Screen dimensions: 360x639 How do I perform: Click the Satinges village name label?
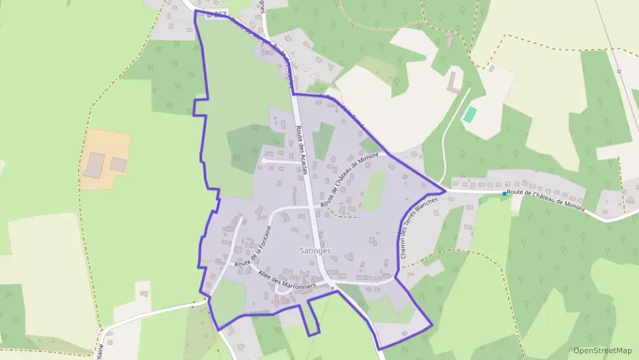(315, 251)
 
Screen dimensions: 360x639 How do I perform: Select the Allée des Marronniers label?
(286, 280)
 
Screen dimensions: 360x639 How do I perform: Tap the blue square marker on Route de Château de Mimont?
(505, 194)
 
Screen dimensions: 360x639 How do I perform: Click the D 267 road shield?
(216, 16)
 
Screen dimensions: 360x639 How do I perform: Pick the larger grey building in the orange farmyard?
(94, 164)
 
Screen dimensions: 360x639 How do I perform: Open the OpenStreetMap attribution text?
(602, 350)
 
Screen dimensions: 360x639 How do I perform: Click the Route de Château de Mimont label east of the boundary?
(547, 199)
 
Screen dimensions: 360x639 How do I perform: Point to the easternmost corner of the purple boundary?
(445, 191)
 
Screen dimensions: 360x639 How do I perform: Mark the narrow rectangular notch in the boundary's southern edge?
(311, 318)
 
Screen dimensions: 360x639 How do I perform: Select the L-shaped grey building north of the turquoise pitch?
(453, 83)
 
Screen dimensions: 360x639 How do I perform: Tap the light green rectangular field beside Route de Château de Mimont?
(373, 191)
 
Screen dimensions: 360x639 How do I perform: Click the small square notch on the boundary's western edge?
(200, 107)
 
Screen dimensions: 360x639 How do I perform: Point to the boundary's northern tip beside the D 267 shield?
(196, 12)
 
